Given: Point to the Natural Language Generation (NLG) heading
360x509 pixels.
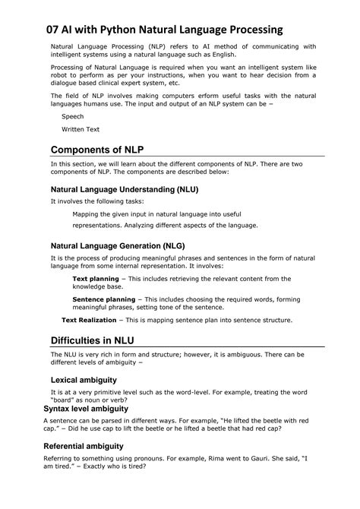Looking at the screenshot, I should click(118, 246).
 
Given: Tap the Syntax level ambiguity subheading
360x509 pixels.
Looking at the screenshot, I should click(86, 409).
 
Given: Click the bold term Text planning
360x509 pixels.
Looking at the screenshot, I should click(96, 279).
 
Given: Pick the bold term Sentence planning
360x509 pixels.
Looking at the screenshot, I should click(104, 299).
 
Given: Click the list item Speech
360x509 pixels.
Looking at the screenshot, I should click(73, 117).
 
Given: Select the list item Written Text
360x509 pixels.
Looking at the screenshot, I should click(81, 129).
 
